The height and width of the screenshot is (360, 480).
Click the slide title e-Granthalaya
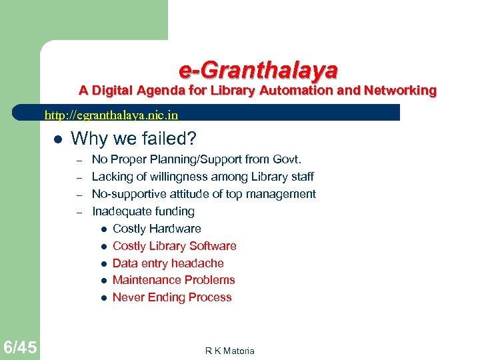[258, 69]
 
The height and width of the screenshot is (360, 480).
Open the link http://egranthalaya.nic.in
[111, 115]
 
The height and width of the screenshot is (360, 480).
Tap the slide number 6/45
[20, 347]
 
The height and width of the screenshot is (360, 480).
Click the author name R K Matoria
[229, 351]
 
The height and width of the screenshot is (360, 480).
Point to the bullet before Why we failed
[57, 139]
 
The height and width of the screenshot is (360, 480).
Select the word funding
[173, 211]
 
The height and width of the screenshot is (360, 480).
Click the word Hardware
[177, 229]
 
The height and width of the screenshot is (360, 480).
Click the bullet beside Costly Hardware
[104, 229]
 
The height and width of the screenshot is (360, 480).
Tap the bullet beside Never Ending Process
[104, 298]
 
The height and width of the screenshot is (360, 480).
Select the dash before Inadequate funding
[79, 212]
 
